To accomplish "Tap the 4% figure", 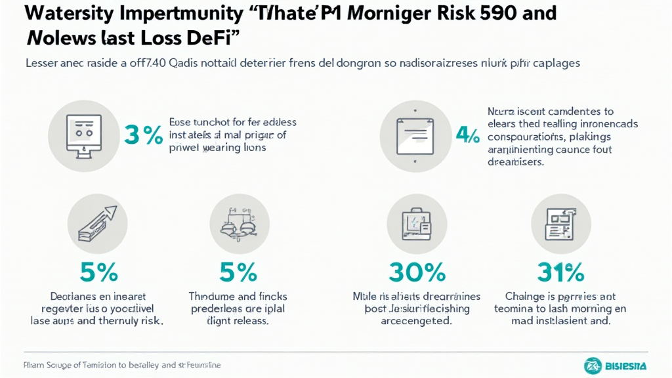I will [467, 135].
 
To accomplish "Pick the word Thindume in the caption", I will [215, 297].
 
